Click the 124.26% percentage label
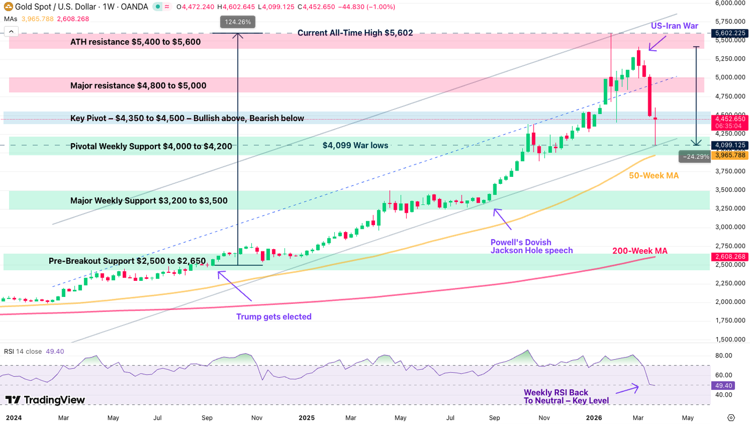(x=238, y=22)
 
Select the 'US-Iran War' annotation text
(x=674, y=26)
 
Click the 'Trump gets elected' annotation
(x=274, y=316)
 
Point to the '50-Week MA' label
(x=654, y=175)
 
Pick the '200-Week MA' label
(x=640, y=250)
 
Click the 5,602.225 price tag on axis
(x=730, y=33)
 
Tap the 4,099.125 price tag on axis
(x=730, y=145)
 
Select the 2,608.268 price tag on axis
(x=730, y=257)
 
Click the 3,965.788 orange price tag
(x=730, y=155)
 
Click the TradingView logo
(x=45, y=400)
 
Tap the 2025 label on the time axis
(x=306, y=417)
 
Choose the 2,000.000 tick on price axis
(x=730, y=302)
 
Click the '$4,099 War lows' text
(x=355, y=145)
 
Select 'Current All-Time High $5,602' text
(x=355, y=33)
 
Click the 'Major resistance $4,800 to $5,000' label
(x=138, y=85)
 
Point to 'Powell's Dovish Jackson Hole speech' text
(x=531, y=246)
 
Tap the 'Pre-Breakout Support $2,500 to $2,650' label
(x=127, y=261)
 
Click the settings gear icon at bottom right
(x=731, y=417)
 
